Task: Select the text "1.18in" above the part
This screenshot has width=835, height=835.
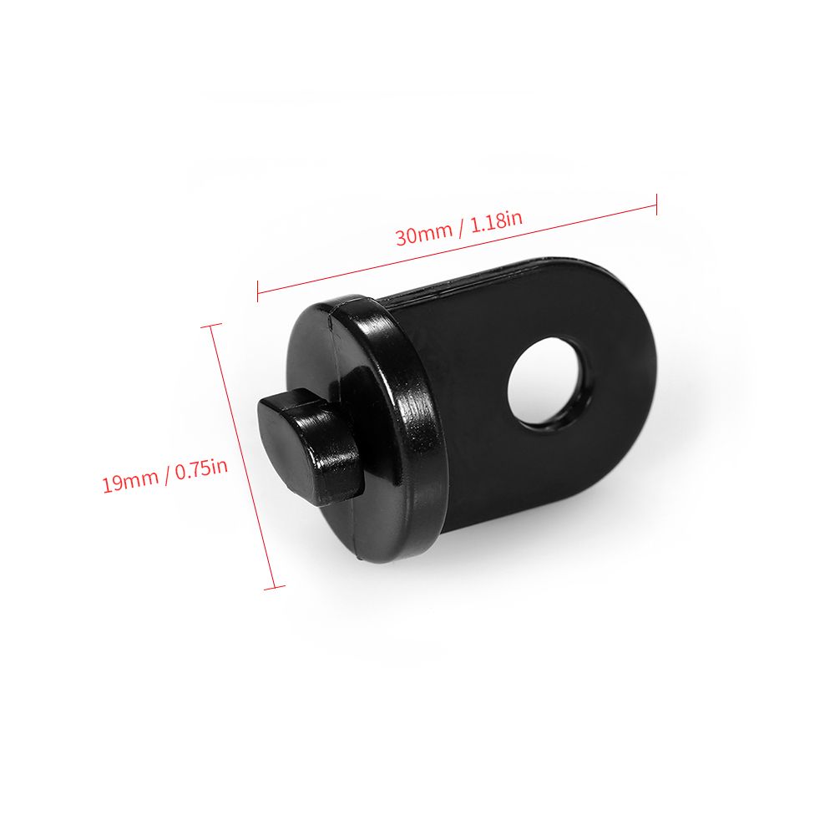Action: point(496,220)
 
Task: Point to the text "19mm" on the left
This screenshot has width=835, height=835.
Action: point(130,480)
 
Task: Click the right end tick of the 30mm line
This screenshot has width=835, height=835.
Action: point(656,205)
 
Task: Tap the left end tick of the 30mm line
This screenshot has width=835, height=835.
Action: point(258,291)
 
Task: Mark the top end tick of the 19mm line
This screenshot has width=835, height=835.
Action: point(211,326)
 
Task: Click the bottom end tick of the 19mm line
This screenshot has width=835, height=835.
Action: point(275,587)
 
